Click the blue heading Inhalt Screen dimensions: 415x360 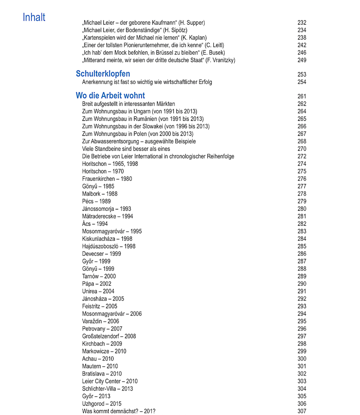click(34, 17)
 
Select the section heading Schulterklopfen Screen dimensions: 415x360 click(103, 74)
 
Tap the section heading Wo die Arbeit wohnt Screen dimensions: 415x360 click(110, 96)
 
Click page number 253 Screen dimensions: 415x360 click(302, 74)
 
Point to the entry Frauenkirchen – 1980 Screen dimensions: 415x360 click(107, 179)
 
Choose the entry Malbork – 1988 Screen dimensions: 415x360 click(100, 194)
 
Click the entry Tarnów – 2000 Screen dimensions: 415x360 click(99, 276)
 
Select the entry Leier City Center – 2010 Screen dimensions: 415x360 click(110, 381)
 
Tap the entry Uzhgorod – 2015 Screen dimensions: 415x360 click(102, 404)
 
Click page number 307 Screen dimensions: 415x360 click(302, 411)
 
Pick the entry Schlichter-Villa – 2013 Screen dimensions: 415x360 click(107, 389)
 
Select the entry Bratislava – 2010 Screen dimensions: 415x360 click(102, 374)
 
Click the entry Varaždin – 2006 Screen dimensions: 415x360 click(101, 321)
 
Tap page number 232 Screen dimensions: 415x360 click(302, 23)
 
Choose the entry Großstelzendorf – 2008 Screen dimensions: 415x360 click(109, 336)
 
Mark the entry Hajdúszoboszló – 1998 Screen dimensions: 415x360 click(109, 247)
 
